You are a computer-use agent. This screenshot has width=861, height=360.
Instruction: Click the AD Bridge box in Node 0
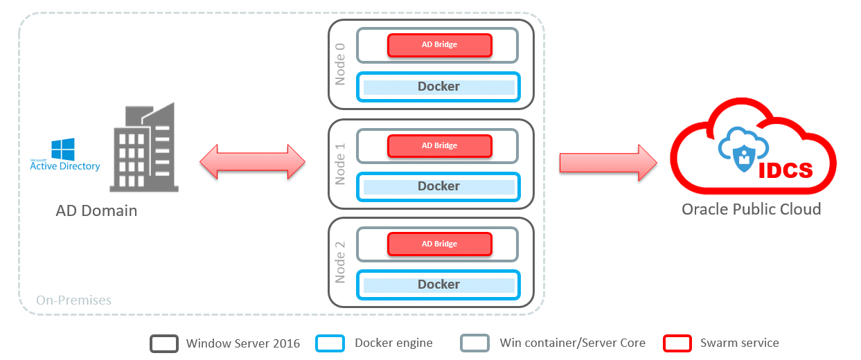tap(439, 45)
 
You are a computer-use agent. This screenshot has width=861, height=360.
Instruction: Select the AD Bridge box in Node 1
tap(439, 146)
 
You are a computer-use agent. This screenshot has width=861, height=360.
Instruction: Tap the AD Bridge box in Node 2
tap(439, 244)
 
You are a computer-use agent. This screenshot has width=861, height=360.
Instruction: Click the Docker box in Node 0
tap(438, 87)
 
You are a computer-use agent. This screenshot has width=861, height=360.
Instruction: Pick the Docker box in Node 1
tap(438, 186)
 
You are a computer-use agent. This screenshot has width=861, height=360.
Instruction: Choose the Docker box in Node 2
tap(438, 285)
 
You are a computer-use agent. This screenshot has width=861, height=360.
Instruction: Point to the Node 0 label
tap(340, 64)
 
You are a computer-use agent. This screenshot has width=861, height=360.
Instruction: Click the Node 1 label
tap(340, 164)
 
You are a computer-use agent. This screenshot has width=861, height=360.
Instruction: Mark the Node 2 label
tap(340, 262)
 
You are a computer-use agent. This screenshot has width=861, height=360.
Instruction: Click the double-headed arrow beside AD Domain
tap(253, 161)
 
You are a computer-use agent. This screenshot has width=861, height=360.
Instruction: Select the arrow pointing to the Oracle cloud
tap(608, 161)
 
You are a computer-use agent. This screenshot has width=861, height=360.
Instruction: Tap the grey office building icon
tap(143, 148)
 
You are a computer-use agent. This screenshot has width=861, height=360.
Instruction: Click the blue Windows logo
tap(63, 149)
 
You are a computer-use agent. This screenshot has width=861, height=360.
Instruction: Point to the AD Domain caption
tap(96, 210)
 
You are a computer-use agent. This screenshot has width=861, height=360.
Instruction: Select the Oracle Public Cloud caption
tap(751, 209)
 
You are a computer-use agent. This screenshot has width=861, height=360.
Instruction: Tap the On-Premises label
tap(73, 300)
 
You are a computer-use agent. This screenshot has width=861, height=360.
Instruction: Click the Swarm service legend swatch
tap(677, 343)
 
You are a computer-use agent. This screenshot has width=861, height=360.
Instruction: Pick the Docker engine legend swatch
tap(329, 343)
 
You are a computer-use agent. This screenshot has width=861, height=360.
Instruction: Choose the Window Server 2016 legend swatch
tap(164, 343)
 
